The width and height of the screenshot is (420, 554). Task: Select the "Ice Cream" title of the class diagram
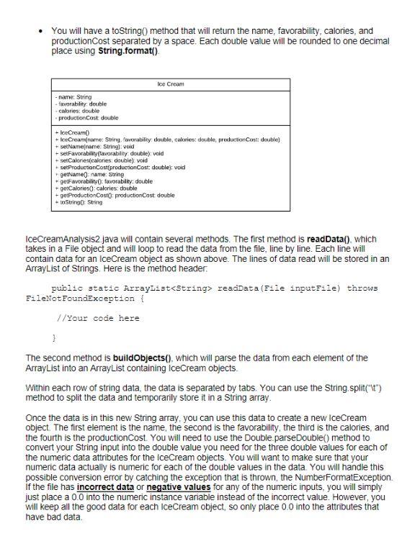coord(170,84)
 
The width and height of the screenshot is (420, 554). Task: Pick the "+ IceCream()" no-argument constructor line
coord(73,133)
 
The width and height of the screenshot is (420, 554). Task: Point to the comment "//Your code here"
coord(97,318)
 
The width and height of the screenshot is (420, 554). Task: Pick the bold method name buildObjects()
coord(147,358)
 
